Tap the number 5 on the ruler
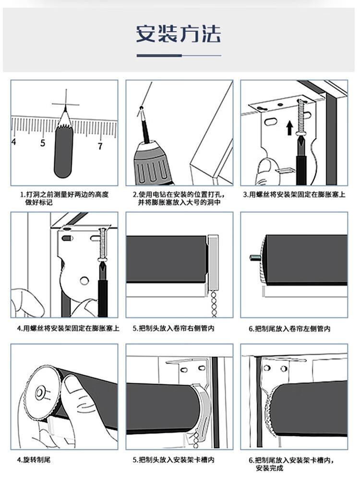coord(43,143)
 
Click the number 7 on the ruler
coord(100,146)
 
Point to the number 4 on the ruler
coord(13,141)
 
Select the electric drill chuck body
coord(152,164)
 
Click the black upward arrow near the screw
coord(290,128)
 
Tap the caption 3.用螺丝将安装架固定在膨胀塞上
coord(294,195)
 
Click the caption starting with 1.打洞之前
coord(64,198)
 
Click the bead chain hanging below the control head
coord(214,304)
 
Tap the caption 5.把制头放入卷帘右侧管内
coord(174,329)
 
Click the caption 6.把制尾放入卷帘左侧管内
coord(289,329)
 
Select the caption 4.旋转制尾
coord(34,460)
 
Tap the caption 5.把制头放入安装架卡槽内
coord(173,460)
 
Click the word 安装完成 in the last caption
coord(269,468)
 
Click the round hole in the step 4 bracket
coord(84,280)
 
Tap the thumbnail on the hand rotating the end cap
coord(72,384)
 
